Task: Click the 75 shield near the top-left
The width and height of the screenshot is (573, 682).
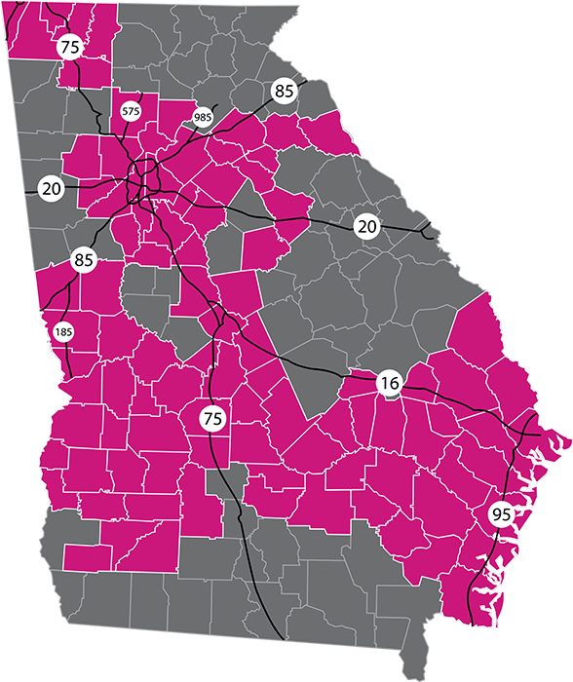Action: (70, 47)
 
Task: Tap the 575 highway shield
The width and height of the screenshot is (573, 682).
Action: (131, 112)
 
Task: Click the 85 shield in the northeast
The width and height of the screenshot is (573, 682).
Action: (284, 92)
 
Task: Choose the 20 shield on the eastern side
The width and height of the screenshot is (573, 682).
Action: (366, 226)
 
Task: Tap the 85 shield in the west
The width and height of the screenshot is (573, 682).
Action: (83, 261)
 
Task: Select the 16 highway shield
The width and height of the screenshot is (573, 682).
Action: (389, 384)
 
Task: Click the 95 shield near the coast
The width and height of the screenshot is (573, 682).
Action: (501, 513)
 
